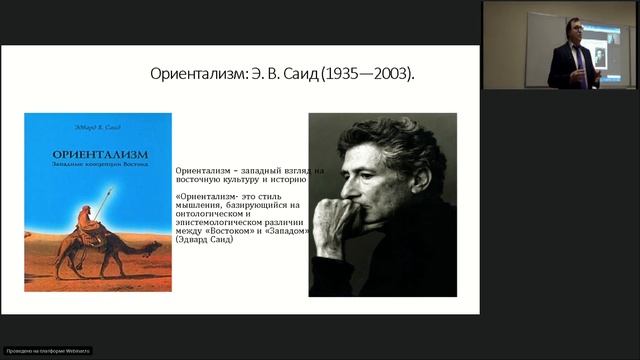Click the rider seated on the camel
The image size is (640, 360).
[91, 226]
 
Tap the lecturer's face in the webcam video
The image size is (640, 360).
[573, 30]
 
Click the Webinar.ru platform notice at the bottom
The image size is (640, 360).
[47, 350]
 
